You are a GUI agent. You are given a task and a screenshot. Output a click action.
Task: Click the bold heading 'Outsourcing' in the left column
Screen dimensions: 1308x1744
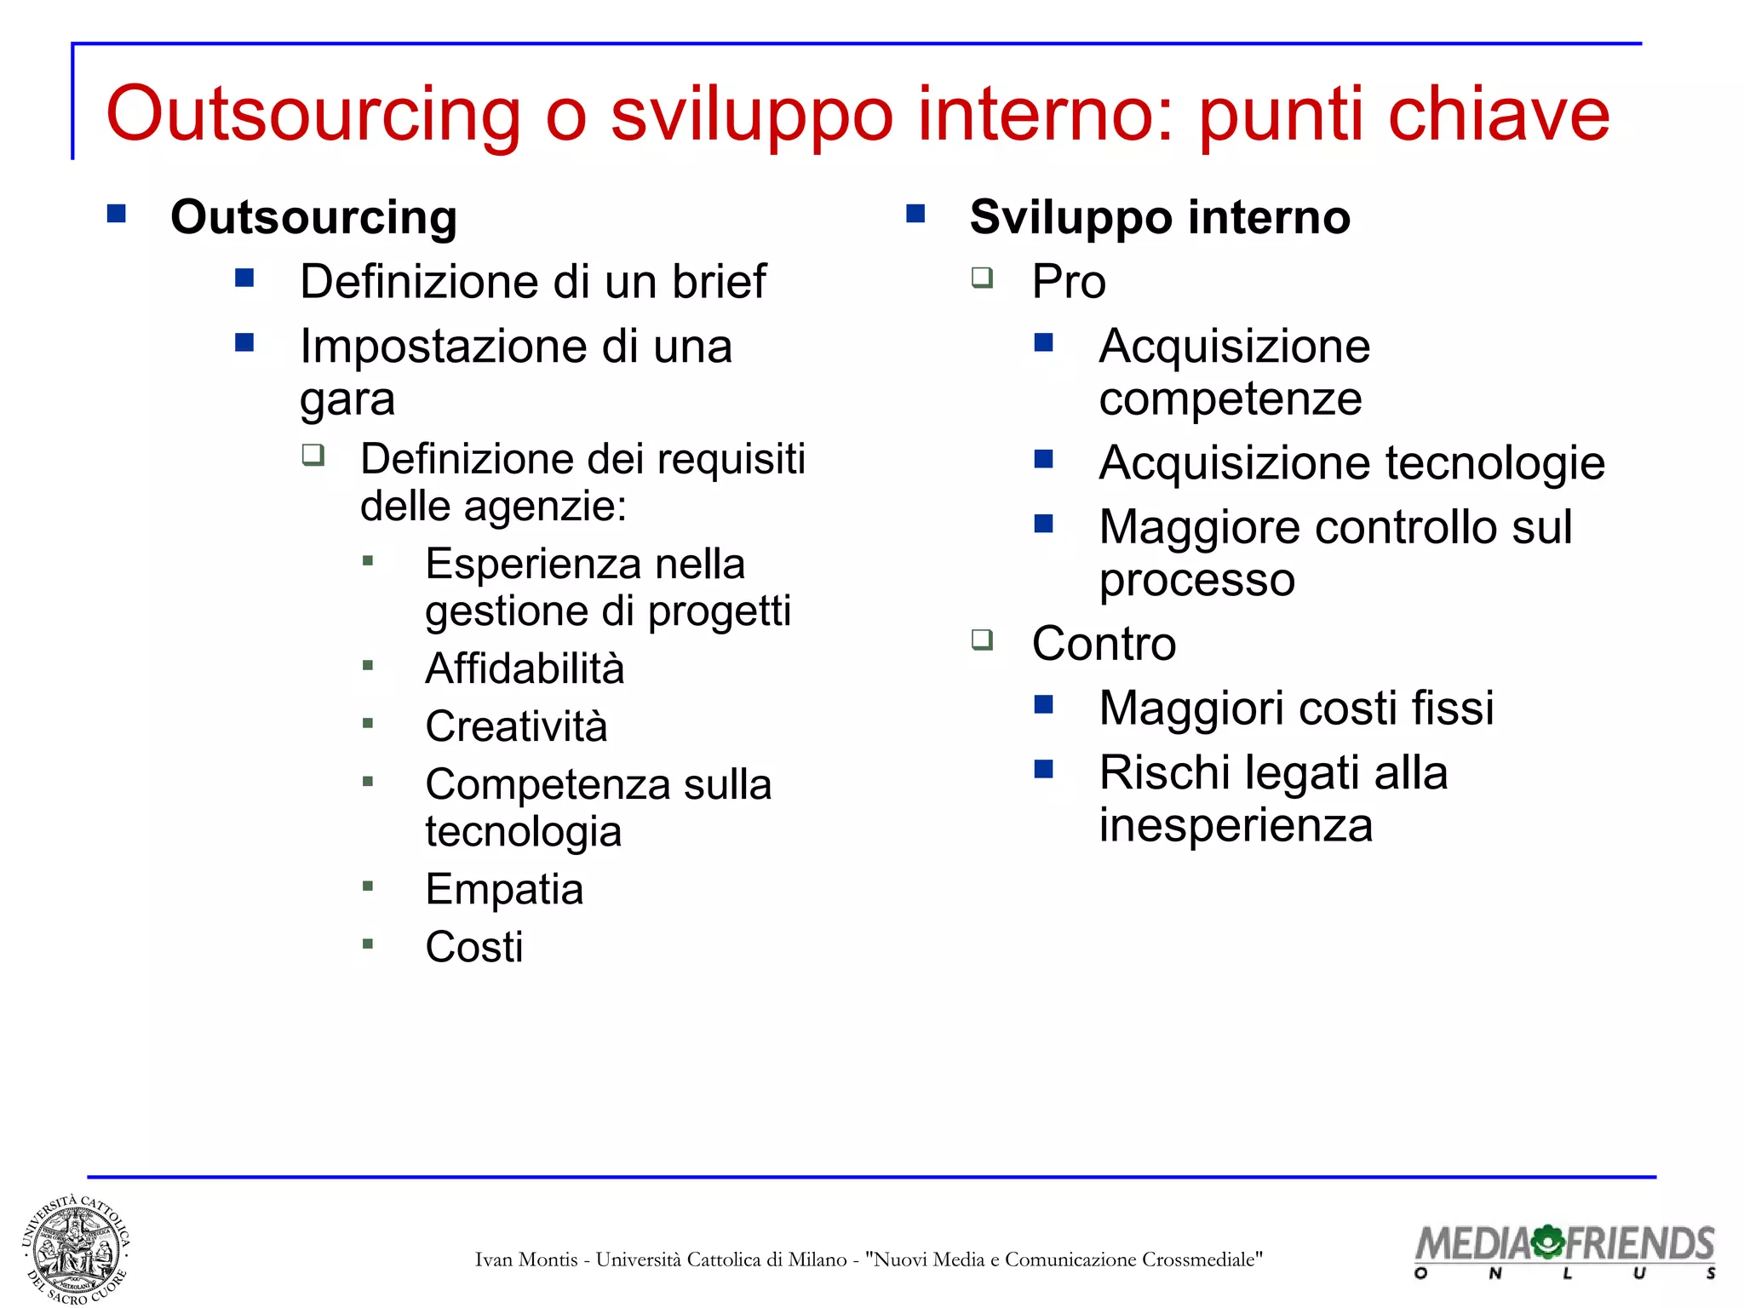pos(313,217)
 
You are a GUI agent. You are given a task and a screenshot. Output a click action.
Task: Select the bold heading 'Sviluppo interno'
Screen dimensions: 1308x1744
pos(1160,217)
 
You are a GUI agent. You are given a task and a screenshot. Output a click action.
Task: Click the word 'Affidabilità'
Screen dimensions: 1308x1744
pos(525,668)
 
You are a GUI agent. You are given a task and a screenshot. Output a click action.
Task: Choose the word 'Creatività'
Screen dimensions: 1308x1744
pos(516,726)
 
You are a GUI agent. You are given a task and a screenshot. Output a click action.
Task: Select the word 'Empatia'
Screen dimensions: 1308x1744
pos(504,890)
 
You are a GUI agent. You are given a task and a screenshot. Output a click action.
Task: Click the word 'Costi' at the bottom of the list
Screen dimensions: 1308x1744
pos(474,947)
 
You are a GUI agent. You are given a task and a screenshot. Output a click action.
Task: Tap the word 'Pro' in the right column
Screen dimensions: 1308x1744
pos(1069,282)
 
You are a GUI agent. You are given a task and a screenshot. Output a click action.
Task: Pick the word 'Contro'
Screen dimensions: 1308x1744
pos(1104,644)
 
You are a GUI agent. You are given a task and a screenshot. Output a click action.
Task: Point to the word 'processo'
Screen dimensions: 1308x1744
pos(1196,581)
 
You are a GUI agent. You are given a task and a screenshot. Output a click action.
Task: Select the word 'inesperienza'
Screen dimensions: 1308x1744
pos(1236,826)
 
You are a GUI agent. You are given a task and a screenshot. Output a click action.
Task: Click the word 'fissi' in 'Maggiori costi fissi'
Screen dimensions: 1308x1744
pos(1452,708)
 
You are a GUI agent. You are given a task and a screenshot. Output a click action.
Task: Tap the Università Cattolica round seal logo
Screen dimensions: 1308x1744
pos(76,1249)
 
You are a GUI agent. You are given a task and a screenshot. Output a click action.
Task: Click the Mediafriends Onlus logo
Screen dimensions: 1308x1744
pos(1564,1250)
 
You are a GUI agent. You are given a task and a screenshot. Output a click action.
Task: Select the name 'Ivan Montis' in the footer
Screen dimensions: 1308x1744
pos(525,1259)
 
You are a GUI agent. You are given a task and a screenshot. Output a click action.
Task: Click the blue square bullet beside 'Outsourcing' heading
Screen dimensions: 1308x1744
pos(117,213)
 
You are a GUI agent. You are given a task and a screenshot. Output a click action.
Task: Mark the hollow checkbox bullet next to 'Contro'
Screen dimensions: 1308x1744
pos(983,639)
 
